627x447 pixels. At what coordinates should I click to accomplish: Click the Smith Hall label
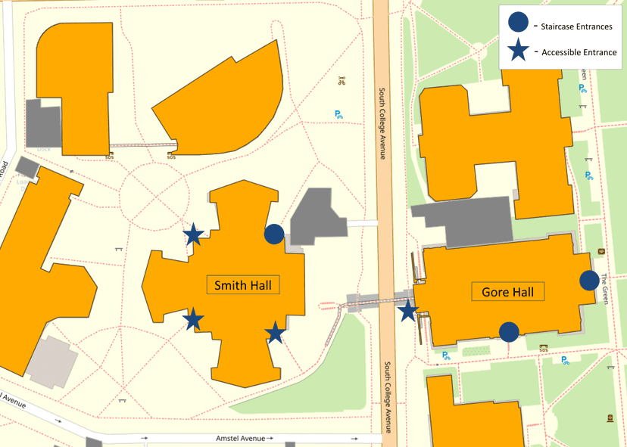tap(242, 285)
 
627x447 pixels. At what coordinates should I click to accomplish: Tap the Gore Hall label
tap(507, 292)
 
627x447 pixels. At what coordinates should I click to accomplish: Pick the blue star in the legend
tap(519, 51)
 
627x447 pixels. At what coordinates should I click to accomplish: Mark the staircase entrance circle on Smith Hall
tap(274, 234)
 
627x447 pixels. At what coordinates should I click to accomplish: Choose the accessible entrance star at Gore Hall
tap(408, 309)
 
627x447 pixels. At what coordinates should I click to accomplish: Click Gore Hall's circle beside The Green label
tap(589, 281)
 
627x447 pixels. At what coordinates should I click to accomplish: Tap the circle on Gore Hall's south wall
tap(509, 331)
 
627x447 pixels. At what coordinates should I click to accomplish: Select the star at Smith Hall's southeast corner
tap(274, 332)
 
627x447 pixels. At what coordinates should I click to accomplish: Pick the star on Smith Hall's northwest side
tap(194, 234)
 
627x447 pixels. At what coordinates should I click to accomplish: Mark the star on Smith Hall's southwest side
tap(194, 318)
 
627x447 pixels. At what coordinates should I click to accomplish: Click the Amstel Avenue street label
tap(240, 439)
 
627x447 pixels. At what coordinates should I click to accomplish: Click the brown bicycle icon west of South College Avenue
tap(341, 79)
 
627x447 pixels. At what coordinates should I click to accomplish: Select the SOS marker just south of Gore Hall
tap(543, 349)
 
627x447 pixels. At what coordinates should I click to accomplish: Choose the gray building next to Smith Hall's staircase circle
tap(315, 216)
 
